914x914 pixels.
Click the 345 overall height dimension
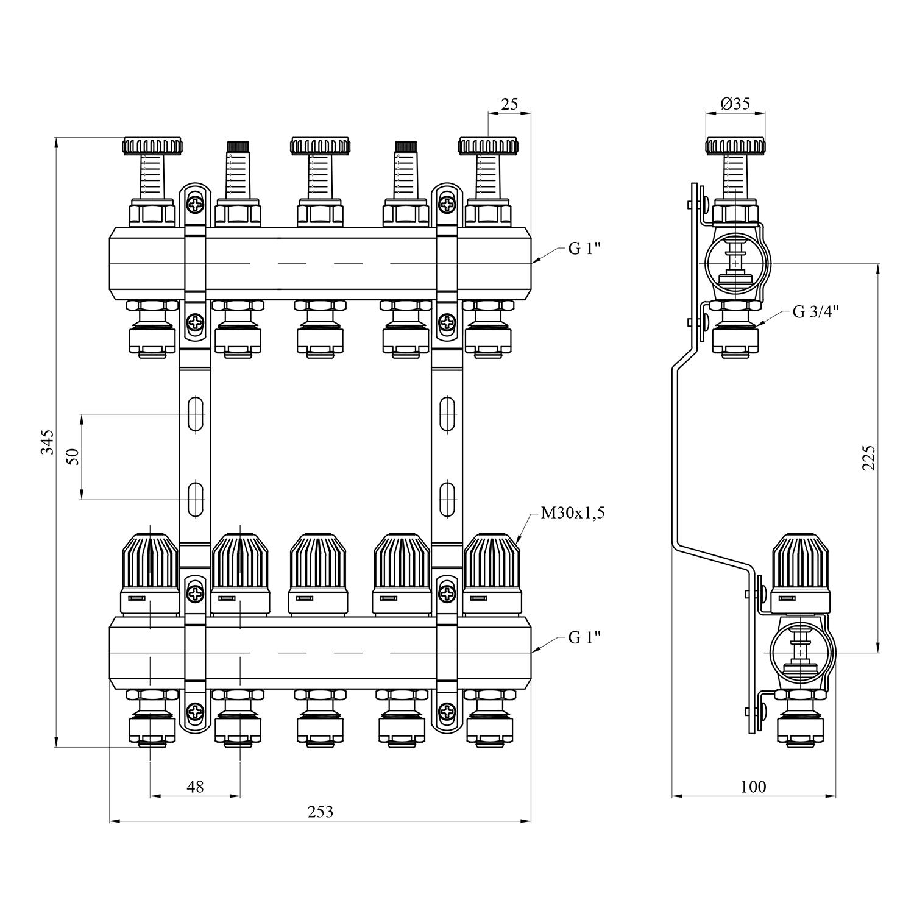point(48,442)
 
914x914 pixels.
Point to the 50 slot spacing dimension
point(73,456)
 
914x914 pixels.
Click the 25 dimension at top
point(509,104)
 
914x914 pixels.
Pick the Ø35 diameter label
point(735,104)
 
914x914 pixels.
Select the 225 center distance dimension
point(868,457)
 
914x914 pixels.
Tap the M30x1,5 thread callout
point(572,514)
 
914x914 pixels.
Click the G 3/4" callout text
point(816,312)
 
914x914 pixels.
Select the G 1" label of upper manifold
point(584,249)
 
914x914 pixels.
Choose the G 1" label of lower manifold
point(584,637)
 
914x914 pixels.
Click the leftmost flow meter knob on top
point(153,146)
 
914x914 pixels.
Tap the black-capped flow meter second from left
point(238,146)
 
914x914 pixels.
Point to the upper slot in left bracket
point(196,414)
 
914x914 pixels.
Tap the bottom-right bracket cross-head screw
point(448,710)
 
